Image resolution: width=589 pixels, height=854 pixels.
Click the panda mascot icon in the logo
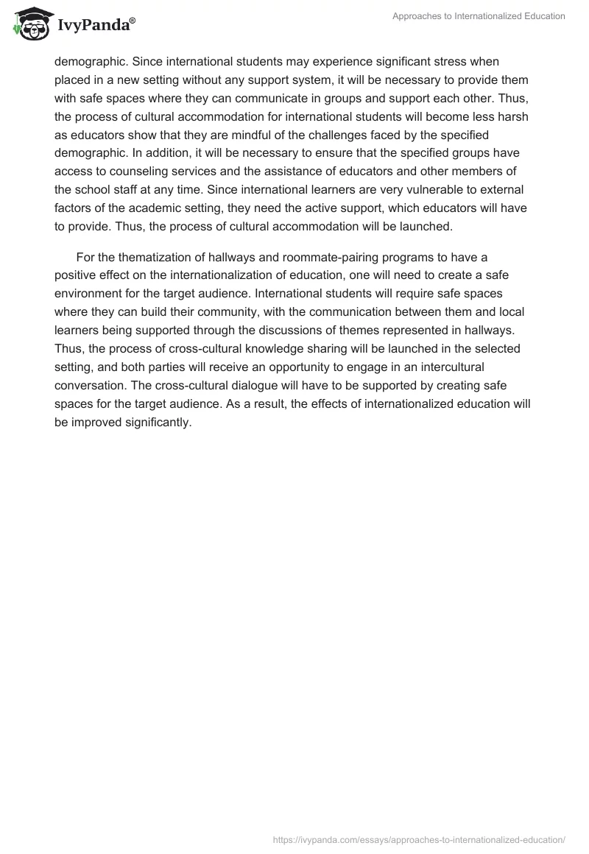(x=28, y=24)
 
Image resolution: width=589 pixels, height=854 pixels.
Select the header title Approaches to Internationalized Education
(x=478, y=16)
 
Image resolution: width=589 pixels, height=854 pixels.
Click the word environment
(x=90, y=294)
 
